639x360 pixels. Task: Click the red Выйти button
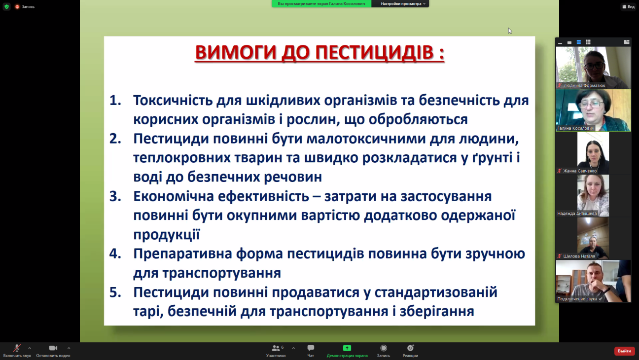(x=624, y=351)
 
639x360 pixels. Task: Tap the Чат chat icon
(x=311, y=348)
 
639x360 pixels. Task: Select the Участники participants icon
(x=276, y=348)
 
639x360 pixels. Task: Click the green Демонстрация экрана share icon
(x=347, y=348)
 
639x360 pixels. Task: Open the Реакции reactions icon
(x=410, y=348)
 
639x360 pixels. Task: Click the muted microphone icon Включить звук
(x=17, y=348)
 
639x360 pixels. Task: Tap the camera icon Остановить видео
(x=53, y=348)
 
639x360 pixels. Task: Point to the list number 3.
(x=115, y=196)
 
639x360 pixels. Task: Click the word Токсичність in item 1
(x=173, y=101)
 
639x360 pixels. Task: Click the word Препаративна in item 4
(x=182, y=254)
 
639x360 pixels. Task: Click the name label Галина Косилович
(x=575, y=128)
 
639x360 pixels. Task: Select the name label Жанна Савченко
(x=580, y=171)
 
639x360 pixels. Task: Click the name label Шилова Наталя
(x=579, y=256)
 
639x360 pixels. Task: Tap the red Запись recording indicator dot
(x=17, y=6)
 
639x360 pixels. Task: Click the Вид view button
(x=629, y=6)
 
